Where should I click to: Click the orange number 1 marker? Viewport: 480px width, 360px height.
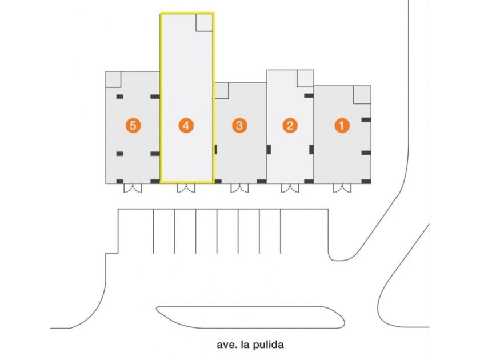(x=342, y=126)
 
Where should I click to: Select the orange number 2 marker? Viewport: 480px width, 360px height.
(x=290, y=126)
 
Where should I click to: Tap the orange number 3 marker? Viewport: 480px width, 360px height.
(x=239, y=126)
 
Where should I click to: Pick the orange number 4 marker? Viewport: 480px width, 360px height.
(x=186, y=126)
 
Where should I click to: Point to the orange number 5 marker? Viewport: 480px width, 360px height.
(x=133, y=126)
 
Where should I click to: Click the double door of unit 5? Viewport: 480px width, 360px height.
(x=133, y=188)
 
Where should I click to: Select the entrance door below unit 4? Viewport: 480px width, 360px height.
(x=186, y=188)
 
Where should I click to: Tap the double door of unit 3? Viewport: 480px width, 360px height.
(x=239, y=188)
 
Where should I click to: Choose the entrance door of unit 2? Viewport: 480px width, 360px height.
(x=290, y=188)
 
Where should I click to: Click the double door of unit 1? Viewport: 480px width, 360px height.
(x=342, y=188)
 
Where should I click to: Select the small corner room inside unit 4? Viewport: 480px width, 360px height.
(x=204, y=22)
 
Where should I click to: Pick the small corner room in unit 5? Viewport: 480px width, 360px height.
(x=113, y=79)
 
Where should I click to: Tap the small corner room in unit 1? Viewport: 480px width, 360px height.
(x=362, y=95)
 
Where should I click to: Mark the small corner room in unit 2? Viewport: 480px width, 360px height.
(x=305, y=78)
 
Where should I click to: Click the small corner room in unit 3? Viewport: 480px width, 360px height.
(x=222, y=91)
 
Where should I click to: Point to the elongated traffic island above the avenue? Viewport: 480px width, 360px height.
(x=250, y=317)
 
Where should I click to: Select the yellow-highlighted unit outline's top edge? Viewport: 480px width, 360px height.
(x=187, y=13)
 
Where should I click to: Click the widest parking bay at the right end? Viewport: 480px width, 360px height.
(x=305, y=231)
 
